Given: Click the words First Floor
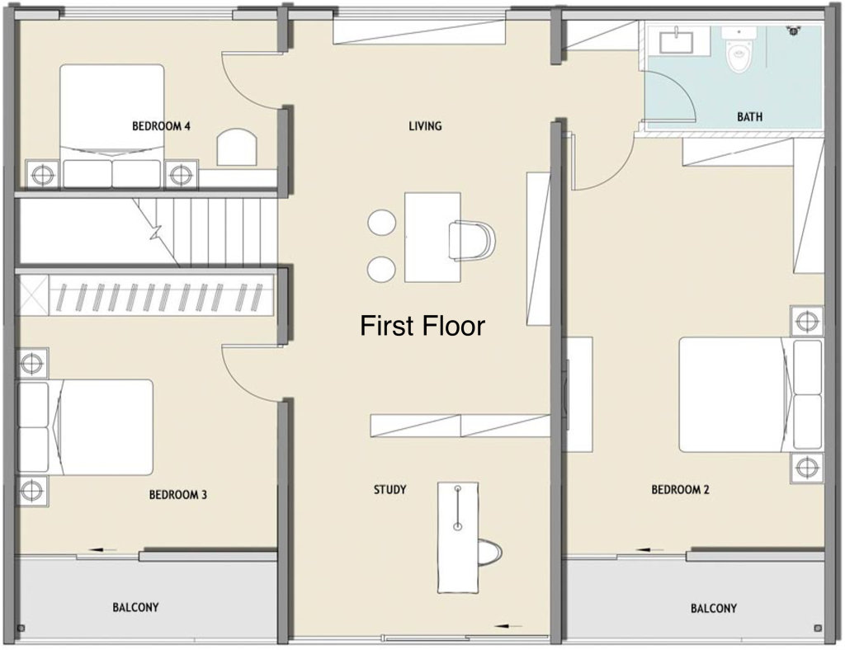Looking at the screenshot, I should pos(422,326).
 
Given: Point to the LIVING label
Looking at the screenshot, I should pos(425,126).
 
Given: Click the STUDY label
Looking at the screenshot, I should pos(389,489).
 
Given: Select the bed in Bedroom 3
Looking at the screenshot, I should pos(91,427).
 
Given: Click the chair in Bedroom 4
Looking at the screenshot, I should pos(238,146).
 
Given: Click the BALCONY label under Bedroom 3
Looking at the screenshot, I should pos(135,607).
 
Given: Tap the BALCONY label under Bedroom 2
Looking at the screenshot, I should pos(713,608).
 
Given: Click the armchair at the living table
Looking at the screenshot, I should pos(472,240).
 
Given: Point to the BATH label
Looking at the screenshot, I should pos(749,117).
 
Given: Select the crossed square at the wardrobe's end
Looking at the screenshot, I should pos(33,294).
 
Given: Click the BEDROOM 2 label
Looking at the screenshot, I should pos(680,489).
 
